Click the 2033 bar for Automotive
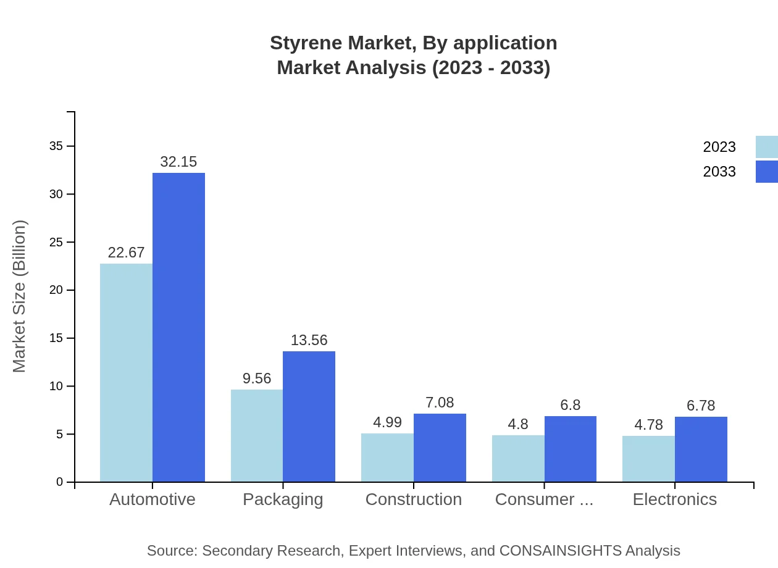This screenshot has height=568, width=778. [x=178, y=327]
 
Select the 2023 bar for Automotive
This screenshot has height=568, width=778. [x=126, y=373]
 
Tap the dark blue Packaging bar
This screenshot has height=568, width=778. [x=309, y=417]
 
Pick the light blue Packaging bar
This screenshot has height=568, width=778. [x=257, y=436]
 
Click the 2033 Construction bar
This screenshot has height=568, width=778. [x=440, y=448]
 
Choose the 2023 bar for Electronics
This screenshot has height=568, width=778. [x=648, y=459]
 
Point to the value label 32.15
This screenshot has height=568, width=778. [x=178, y=162]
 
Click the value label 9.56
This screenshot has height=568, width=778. [x=257, y=378]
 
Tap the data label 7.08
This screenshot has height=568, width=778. [x=440, y=403]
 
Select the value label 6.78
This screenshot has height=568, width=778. [x=701, y=406]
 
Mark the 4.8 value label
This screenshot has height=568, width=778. [x=518, y=424]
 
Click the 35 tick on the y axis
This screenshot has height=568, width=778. [x=56, y=146]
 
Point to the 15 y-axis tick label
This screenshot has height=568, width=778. [x=56, y=338]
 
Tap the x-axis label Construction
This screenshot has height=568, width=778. [x=414, y=499]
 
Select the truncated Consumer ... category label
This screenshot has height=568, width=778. [x=544, y=499]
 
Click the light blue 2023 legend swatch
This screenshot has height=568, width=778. [x=766, y=147]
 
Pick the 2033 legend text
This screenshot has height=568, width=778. [x=719, y=172]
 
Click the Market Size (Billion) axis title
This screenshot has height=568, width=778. [x=20, y=296]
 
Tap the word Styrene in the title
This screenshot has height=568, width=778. [x=306, y=43]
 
